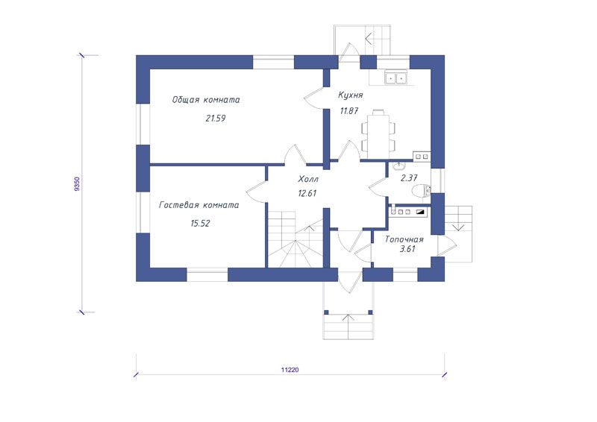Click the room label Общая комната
pyautogui.click(x=206, y=100)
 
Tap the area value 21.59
pyautogui.click(x=216, y=119)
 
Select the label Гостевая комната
pyautogui.click(x=199, y=205)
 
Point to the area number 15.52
pyautogui.click(x=200, y=224)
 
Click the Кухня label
pyautogui.click(x=350, y=95)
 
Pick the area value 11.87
pyautogui.click(x=349, y=111)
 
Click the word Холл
pyautogui.click(x=308, y=179)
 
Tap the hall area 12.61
pyautogui.click(x=307, y=193)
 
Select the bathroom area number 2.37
pyautogui.click(x=409, y=177)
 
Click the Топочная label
pyautogui.click(x=404, y=240)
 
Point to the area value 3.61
pyautogui.click(x=407, y=249)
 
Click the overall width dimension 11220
pyautogui.click(x=290, y=370)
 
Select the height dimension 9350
pyautogui.click(x=78, y=184)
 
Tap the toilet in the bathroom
pyautogui.click(x=422, y=190)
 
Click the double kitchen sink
pyautogui.click(x=396, y=78)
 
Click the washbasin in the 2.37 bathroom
pyautogui.click(x=399, y=166)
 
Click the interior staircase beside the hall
pyautogui.click(x=295, y=240)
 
